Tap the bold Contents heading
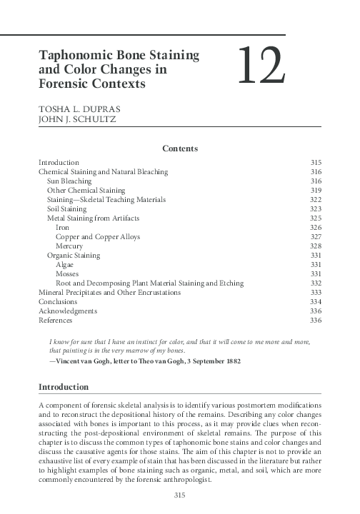point(179,148)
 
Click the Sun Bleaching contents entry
point(69,181)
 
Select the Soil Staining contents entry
point(67,208)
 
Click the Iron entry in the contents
point(62,227)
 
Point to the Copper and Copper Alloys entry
point(97,236)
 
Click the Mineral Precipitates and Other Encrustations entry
point(109,292)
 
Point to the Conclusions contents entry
point(58,301)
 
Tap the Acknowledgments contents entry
point(68,311)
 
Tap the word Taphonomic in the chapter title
point(78,55)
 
